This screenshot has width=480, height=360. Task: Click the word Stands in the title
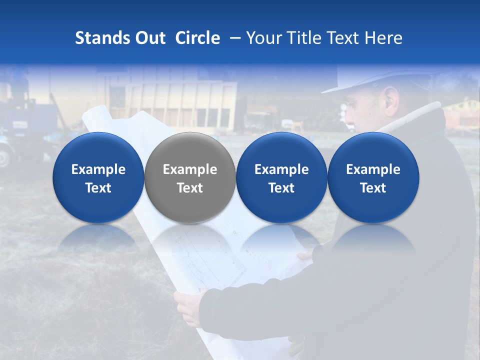102,38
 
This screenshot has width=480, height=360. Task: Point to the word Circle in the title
197,38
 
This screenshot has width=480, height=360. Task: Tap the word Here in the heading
383,38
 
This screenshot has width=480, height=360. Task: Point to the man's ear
390,102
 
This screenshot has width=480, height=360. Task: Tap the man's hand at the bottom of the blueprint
187,305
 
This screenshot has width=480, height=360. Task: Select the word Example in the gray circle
190,169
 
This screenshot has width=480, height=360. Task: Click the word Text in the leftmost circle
98,188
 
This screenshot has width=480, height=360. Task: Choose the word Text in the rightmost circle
373,188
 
